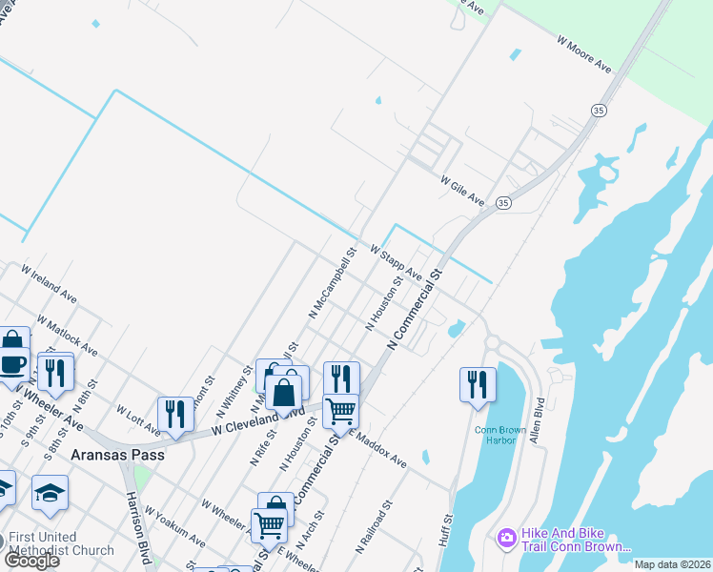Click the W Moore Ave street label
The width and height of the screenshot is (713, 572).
[x=583, y=54]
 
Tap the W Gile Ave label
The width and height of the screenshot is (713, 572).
[x=462, y=191]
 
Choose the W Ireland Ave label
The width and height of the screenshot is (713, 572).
[x=49, y=285]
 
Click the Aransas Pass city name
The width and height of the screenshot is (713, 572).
[x=117, y=456]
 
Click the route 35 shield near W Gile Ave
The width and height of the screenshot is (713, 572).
[x=503, y=203]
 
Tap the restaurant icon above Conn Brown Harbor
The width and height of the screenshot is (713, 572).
[x=478, y=384]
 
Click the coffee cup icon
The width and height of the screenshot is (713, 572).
[x=13, y=364]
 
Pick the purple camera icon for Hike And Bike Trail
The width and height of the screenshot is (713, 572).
[x=505, y=540]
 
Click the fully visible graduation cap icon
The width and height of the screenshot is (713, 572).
[x=50, y=492]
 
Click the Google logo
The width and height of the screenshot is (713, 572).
[x=32, y=561]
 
